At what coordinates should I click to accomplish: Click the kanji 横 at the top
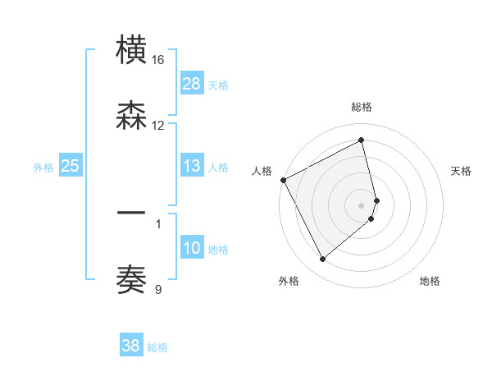point(131,50)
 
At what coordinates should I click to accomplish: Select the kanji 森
point(131,116)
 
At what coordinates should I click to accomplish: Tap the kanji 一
point(131,214)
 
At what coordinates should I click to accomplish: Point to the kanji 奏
point(131,279)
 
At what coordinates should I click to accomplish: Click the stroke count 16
point(158,60)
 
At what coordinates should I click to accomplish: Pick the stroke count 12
point(158,126)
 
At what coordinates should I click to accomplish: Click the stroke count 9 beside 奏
point(158,288)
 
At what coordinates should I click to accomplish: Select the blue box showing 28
point(192,83)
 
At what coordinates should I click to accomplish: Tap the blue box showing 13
point(192,166)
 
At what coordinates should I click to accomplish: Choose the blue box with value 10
point(192,248)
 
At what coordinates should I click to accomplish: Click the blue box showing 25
point(71,166)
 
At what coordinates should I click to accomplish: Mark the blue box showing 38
point(131,346)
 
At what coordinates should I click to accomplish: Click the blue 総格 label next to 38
point(157,347)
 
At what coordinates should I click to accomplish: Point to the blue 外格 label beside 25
point(43,167)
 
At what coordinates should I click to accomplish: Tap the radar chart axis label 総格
point(362,107)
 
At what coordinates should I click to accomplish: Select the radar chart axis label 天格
point(462,171)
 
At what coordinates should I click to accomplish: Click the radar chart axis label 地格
point(430,281)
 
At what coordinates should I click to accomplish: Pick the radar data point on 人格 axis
point(283,180)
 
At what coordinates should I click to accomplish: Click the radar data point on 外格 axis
point(322,260)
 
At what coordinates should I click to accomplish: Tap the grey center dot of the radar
point(362,204)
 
